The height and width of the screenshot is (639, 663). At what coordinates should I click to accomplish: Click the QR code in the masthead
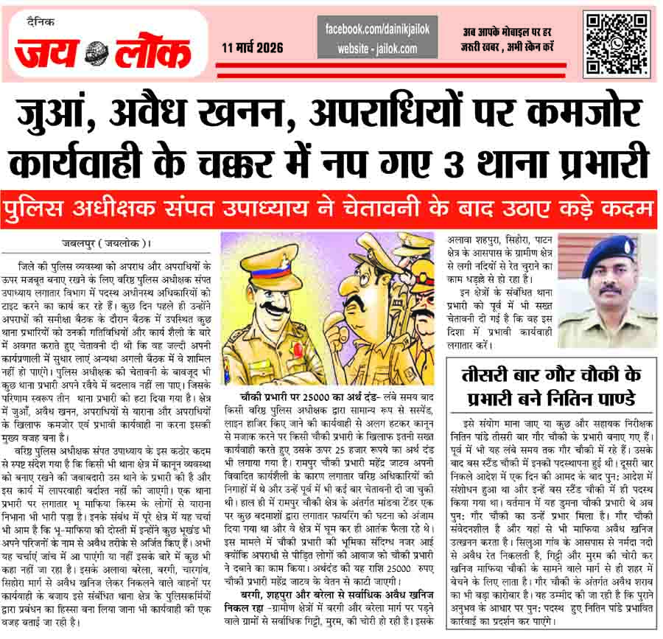coord(617,44)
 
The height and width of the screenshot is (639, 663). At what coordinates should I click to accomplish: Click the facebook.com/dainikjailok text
coord(377,28)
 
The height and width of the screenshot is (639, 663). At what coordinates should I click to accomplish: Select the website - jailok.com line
coord(377,49)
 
